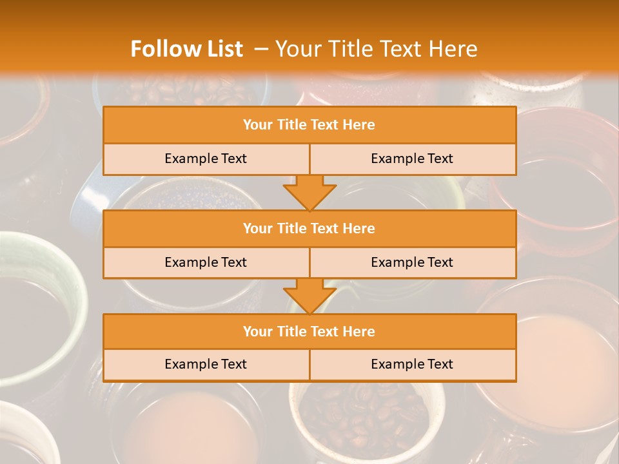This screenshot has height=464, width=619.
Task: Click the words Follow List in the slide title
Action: coord(186,49)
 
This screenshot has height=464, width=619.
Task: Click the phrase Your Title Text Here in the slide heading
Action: coord(377,49)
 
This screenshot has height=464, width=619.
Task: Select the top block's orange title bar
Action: coord(309,125)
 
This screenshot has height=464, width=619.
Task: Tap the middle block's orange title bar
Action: coord(309,228)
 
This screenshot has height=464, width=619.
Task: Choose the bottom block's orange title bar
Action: coord(309,331)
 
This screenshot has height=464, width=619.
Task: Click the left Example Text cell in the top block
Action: coord(206,159)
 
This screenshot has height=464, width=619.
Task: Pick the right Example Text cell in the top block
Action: coord(412,159)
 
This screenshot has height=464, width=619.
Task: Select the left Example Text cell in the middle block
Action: coord(206,262)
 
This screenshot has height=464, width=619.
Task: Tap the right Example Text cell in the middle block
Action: coord(412,262)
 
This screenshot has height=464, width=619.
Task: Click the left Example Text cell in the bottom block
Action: coord(206,364)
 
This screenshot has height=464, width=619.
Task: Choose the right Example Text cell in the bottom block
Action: coord(412,364)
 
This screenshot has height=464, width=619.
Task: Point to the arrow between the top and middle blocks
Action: coord(309,193)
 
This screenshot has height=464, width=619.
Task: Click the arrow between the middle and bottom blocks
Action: coord(309,296)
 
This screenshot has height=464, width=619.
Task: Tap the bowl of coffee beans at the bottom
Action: coord(361,419)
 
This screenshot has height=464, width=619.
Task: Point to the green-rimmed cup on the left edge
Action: coord(39,309)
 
